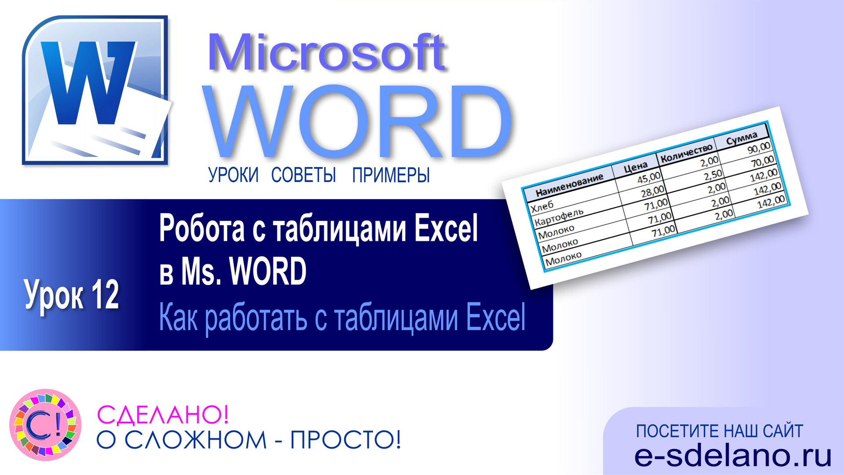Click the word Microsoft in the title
click(327, 53)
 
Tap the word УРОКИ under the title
click(233, 175)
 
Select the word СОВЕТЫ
click(303, 175)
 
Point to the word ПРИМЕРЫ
click(391, 175)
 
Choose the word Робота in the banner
click(202, 229)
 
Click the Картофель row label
click(558, 217)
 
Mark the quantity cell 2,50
click(713, 175)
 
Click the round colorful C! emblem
click(45, 425)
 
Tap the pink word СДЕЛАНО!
click(163, 414)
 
